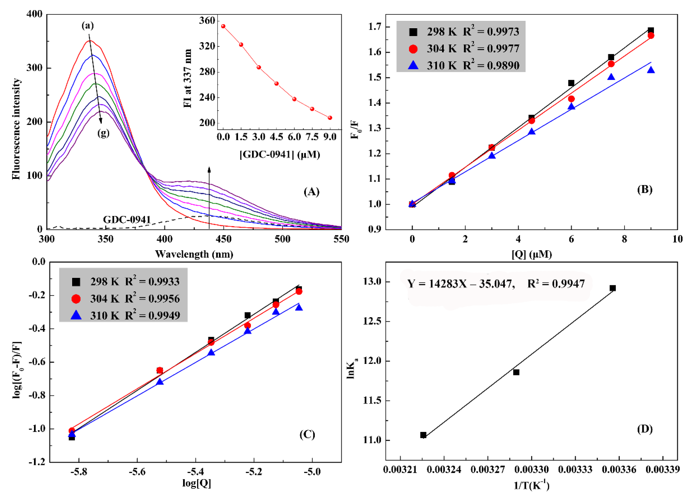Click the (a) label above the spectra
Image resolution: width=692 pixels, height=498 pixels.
88,26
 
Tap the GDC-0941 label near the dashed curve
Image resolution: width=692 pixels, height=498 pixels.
127,219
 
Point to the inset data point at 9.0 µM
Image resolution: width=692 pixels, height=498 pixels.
330,118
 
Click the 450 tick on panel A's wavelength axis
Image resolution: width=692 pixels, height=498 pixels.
223,239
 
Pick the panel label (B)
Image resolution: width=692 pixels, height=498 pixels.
644,189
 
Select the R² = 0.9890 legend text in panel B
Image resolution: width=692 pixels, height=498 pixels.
491,65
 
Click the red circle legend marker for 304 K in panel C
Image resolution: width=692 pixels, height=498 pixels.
76,299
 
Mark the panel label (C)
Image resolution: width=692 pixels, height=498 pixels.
307,434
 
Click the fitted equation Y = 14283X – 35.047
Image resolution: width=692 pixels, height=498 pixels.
461,284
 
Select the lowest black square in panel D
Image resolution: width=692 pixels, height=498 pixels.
423,435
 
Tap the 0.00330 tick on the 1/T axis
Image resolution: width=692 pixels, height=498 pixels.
532,469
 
